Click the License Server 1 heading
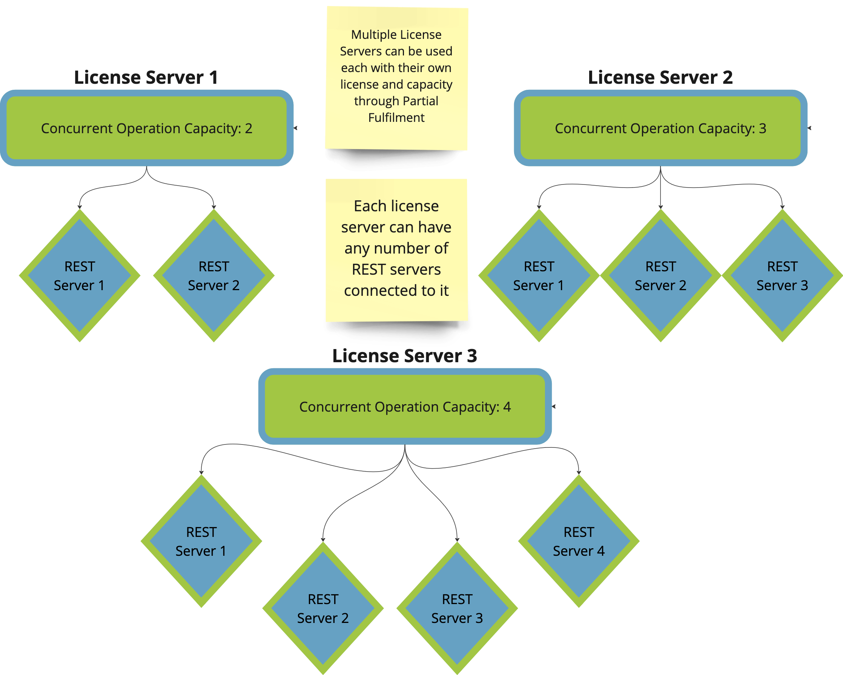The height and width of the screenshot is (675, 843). click(x=146, y=77)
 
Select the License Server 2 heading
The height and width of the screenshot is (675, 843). click(x=660, y=77)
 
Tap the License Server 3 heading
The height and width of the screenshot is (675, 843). click(x=405, y=355)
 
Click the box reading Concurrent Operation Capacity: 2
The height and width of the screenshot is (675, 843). click(x=147, y=128)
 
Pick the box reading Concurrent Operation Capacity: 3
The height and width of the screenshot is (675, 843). click(x=660, y=128)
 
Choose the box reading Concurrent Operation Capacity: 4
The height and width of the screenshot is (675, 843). click(x=405, y=406)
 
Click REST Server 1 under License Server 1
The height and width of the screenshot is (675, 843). click(x=79, y=276)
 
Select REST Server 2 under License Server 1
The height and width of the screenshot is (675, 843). click(x=213, y=276)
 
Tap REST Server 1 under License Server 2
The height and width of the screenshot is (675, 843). click(x=539, y=276)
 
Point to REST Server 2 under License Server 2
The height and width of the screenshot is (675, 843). click(x=660, y=276)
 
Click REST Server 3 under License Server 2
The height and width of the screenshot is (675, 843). click(x=782, y=276)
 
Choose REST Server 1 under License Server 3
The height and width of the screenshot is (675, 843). click(x=201, y=541)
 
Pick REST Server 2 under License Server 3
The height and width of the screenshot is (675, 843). click(x=322, y=609)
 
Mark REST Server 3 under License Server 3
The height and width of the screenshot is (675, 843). click(x=457, y=609)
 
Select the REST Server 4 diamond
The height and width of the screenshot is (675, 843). click(x=579, y=541)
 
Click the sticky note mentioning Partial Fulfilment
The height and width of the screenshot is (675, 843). click(x=396, y=78)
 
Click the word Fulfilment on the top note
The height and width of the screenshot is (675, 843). click(x=396, y=117)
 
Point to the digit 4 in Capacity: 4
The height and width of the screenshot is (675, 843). click(x=507, y=407)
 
